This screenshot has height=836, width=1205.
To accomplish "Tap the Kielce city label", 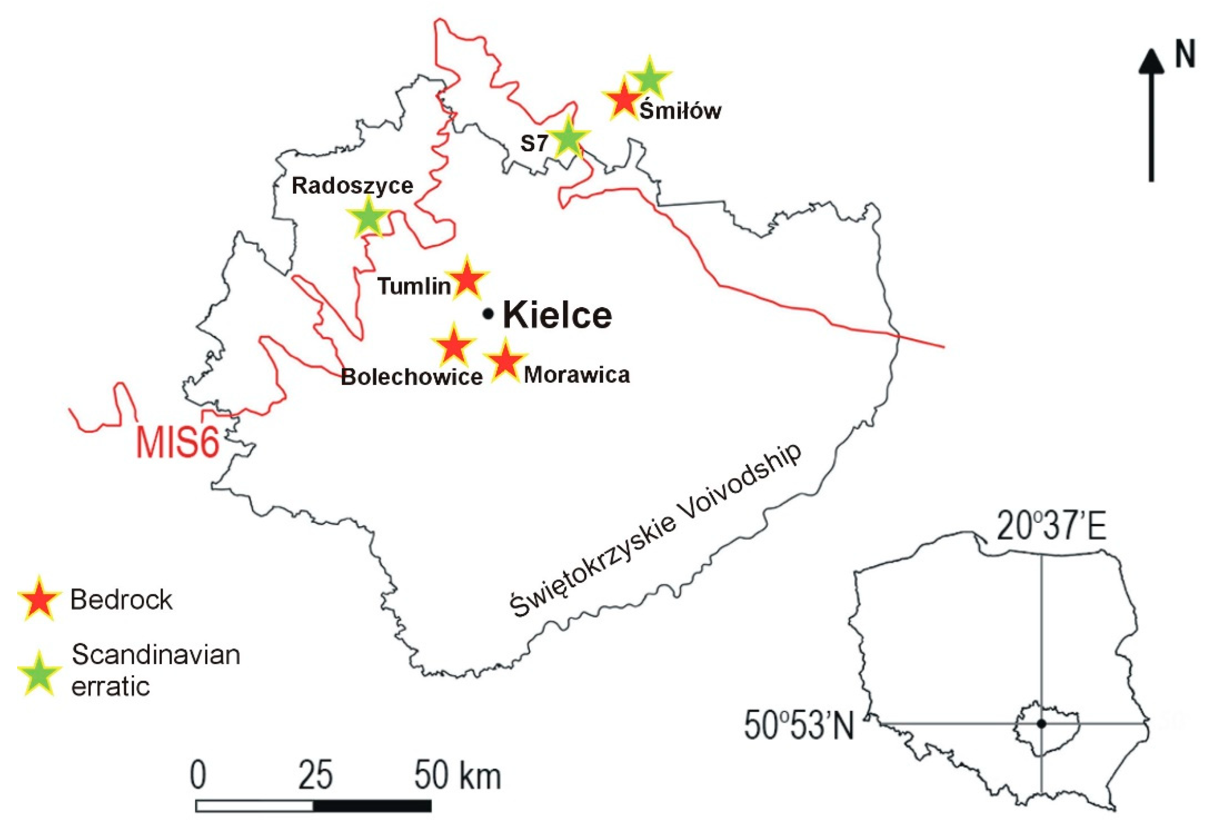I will [x=557, y=315].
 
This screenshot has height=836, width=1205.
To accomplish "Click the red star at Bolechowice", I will [x=453, y=346].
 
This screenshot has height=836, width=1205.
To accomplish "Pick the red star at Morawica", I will [x=504, y=360].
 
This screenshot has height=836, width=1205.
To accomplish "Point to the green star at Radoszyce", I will [x=368, y=216].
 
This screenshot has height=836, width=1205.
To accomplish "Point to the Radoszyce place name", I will [x=352, y=186].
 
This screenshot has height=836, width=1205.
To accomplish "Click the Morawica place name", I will [x=577, y=375].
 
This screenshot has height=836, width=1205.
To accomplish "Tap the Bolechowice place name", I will [x=412, y=377].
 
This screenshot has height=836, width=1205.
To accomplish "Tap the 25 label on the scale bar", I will [x=315, y=775].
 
